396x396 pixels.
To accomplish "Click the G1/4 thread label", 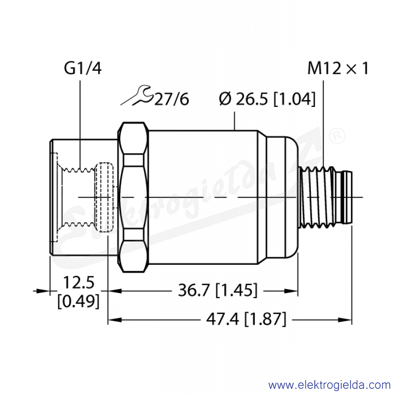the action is tap(83, 68).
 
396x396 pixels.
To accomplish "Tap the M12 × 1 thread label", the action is tap(338, 68).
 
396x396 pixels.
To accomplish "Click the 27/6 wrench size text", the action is tap(171, 99).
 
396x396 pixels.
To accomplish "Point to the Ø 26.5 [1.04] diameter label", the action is tap(267, 99).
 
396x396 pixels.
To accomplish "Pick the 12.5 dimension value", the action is tap(79, 282).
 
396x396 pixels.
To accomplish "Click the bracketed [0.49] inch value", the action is tap(78, 301).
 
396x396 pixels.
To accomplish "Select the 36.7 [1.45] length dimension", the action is tap(218, 290).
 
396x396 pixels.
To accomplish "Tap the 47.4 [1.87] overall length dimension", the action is tap(246, 319).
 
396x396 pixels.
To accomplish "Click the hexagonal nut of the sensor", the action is tap(133, 197).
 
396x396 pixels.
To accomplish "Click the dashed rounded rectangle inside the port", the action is tap(104, 197).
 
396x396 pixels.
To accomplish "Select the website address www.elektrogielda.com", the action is tap(329, 386).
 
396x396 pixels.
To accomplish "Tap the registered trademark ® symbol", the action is tap(338, 136).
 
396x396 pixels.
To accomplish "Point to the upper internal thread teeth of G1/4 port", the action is tap(79, 169).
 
